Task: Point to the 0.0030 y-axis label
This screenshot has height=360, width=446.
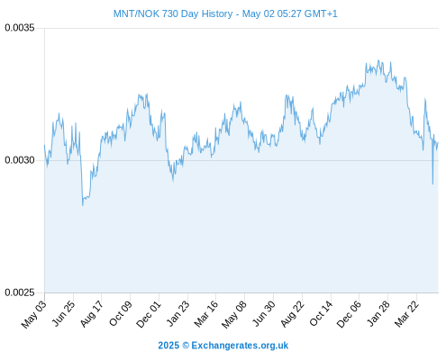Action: point(20,160)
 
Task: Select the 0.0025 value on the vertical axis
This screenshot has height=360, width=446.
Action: point(20,292)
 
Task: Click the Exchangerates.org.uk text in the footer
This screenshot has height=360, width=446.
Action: point(240,346)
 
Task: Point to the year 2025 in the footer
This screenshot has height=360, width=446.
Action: point(168,346)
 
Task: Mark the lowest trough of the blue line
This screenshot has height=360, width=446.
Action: point(83,205)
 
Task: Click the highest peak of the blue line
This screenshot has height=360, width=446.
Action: point(378,60)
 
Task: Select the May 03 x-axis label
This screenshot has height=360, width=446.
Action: point(34,314)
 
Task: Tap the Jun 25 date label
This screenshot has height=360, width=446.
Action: point(63,313)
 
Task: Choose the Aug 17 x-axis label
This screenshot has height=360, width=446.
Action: point(92,313)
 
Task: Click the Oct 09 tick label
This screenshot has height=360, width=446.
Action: point(120,313)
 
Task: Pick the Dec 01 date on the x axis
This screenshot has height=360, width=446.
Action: point(149,314)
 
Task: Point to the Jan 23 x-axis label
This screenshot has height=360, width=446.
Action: point(178,313)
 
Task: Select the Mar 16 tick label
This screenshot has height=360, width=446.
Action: point(205,313)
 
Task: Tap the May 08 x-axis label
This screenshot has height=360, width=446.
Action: point(234,314)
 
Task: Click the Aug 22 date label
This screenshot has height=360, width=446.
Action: point(292,314)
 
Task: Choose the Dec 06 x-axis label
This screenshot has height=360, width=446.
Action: point(349,314)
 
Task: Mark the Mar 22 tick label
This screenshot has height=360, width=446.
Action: point(406,313)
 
